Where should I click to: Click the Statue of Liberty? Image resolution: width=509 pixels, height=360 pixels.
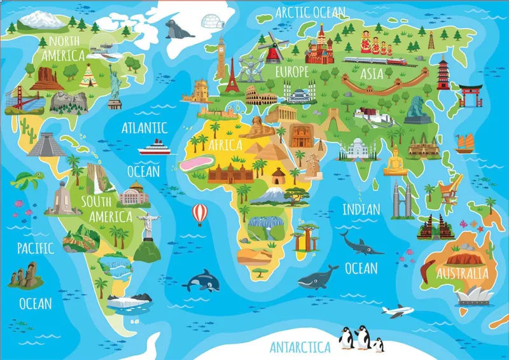(x=115, y=83)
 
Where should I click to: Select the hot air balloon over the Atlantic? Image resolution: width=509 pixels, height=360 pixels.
(x=200, y=214)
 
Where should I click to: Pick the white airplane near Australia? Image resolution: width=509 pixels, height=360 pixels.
(x=397, y=311)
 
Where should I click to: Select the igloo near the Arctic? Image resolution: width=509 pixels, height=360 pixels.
(x=213, y=22)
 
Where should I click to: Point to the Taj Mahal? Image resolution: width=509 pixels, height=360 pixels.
(x=354, y=149)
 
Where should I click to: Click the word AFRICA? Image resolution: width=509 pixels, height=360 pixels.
(x=225, y=144)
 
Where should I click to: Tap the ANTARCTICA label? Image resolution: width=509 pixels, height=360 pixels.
(x=300, y=347)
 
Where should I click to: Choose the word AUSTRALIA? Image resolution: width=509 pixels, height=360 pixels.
(x=463, y=273)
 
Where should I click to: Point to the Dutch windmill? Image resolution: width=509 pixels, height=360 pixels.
(x=272, y=46)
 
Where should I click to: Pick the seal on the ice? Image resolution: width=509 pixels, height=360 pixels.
(x=178, y=28)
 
